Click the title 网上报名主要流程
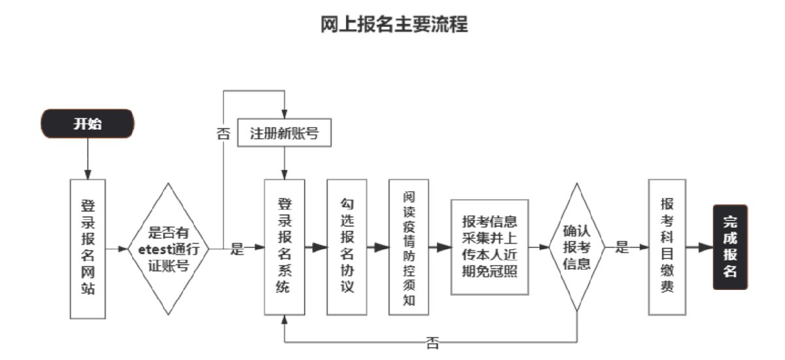pyautogui.click(x=394, y=25)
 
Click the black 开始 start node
pyautogui.click(x=87, y=124)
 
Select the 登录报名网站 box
pyautogui.click(x=88, y=248)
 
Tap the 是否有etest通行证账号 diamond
pyautogui.click(x=169, y=249)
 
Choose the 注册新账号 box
pyautogui.click(x=284, y=134)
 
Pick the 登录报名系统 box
pyautogui.click(x=284, y=247)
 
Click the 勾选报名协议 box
pyautogui.click(x=347, y=247)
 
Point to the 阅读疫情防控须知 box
pyautogui.click(x=410, y=247)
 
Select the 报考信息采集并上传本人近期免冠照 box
pyautogui.click(x=489, y=247)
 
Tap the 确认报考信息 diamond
pyautogui.click(x=576, y=247)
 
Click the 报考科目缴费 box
pyautogui.click(x=667, y=247)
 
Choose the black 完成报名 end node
pyautogui.click(x=730, y=247)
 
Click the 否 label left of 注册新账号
pyautogui.click(x=223, y=134)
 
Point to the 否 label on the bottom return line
pyautogui.click(x=432, y=342)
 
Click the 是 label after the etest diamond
pyautogui.click(x=237, y=249)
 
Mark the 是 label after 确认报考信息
pyautogui.click(x=622, y=247)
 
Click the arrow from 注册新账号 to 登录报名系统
pyautogui.click(x=284, y=162)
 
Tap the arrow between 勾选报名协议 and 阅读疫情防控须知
pyautogui.click(x=377, y=247)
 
